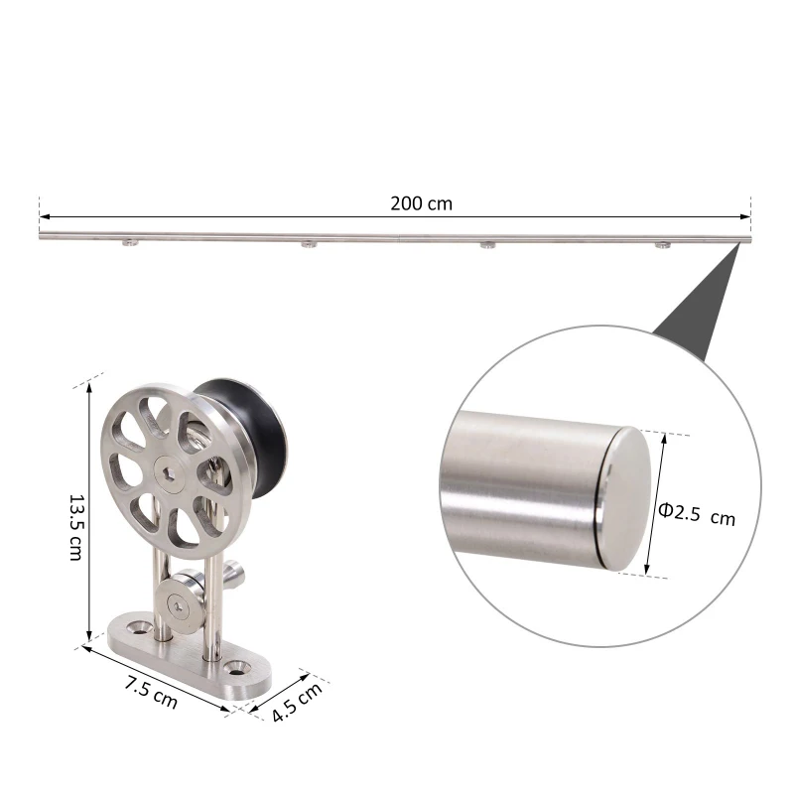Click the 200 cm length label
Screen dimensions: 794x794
[x=421, y=203]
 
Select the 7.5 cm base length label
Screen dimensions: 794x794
[x=151, y=692]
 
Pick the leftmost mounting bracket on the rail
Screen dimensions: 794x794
[x=129, y=244]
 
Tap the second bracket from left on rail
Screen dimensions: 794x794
[x=309, y=244]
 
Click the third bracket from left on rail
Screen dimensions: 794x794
[x=486, y=245]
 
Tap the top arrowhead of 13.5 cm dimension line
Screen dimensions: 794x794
[x=90, y=389]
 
